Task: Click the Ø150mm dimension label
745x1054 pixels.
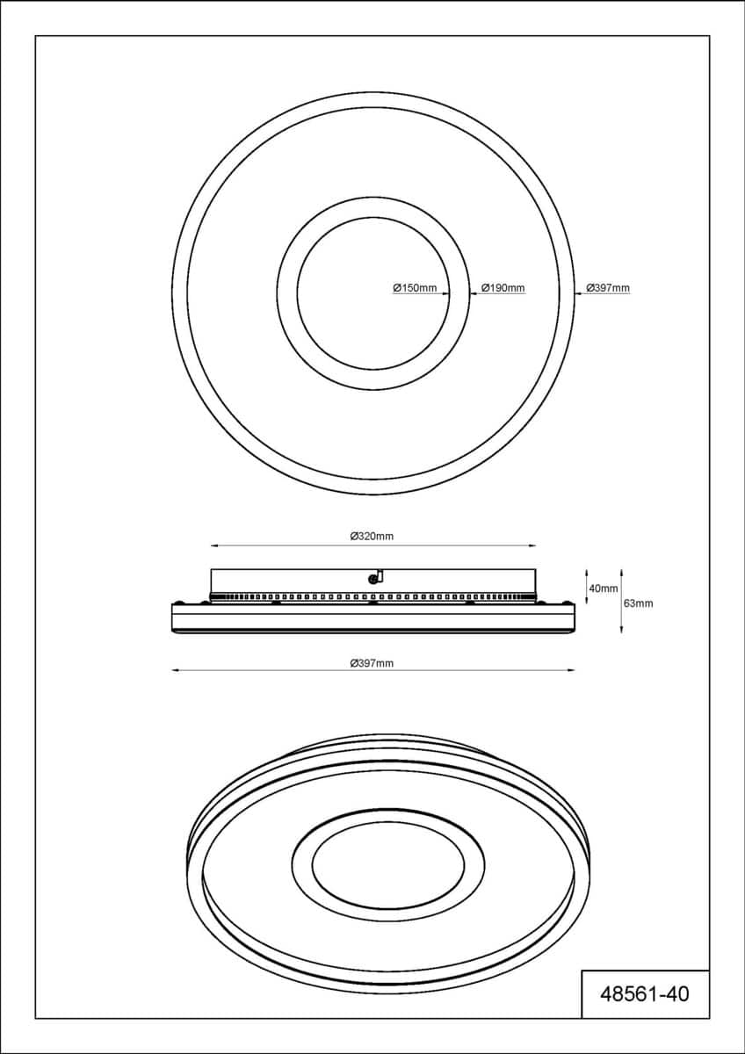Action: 415,287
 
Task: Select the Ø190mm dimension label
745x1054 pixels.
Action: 503,287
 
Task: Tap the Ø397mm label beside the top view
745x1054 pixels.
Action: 608,287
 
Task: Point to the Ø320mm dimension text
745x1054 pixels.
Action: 372,536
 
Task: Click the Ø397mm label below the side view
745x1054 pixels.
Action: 372,663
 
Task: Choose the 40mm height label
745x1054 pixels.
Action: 604,588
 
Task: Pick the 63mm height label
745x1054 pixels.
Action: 638,603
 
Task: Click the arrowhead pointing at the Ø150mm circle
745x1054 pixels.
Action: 445,293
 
